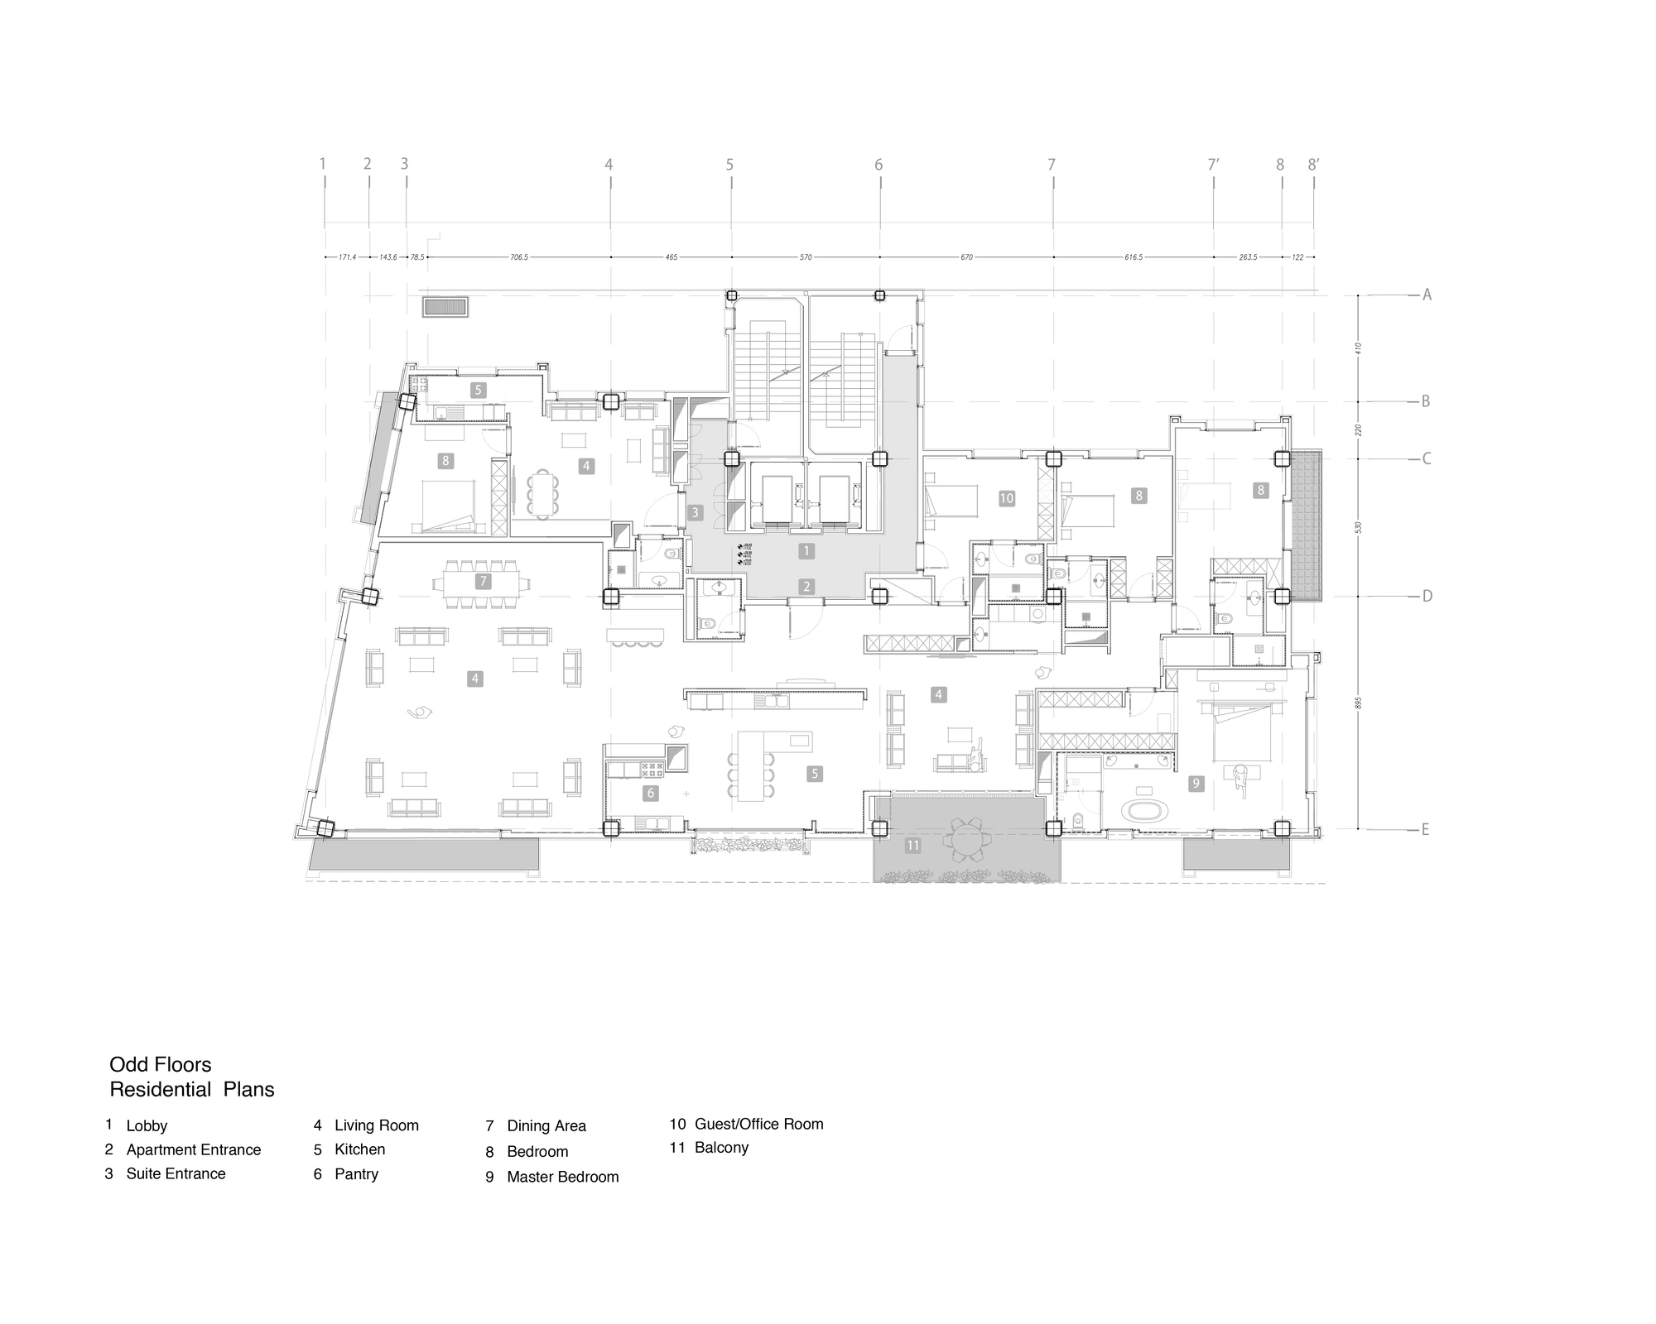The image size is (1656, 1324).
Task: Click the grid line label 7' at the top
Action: coord(1213,165)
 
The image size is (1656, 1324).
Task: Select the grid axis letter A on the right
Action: coord(1427,295)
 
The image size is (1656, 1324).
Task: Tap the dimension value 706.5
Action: coord(519,257)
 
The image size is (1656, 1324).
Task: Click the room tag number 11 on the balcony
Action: coord(912,845)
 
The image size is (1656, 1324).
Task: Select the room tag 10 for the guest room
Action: coord(1006,498)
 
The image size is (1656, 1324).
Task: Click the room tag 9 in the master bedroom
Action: coord(1196,783)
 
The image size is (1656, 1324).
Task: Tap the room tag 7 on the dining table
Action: coord(484,582)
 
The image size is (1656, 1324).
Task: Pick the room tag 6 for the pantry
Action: coord(651,793)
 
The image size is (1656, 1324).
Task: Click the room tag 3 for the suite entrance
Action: coord(696,513)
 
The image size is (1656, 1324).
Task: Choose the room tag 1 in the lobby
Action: coord(806,550)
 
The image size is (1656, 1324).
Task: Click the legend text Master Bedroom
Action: coord(563,1177)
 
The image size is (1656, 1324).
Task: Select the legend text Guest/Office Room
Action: coord(758,1124)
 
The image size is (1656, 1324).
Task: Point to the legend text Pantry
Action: coord(356,1173)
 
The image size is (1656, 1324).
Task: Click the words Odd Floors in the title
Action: coord(161,1064)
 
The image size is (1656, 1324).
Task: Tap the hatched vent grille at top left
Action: coord(445,307)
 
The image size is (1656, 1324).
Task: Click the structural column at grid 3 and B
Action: coord(407,403)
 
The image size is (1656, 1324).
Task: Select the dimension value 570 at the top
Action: coord(806,257)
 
